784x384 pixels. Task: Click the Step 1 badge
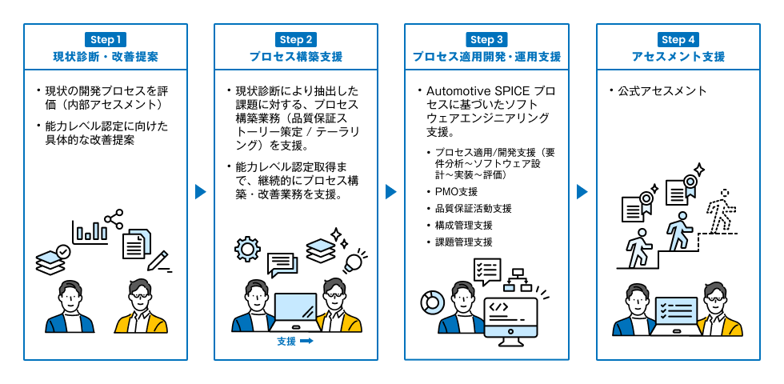point(106,39)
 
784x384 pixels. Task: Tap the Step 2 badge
point(296,39)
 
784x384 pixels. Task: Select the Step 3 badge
point(486,39)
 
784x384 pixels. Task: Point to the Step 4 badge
point(678,39)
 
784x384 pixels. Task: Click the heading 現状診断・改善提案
point(106,58)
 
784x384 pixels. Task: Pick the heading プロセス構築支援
point(296,58)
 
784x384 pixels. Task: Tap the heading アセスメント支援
point(678,58)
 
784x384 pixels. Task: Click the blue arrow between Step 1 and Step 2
point(201,192)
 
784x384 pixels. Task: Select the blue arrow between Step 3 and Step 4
point(582,192)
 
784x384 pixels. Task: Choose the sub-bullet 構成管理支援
point(463,225)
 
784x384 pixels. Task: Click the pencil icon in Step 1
point(158,261)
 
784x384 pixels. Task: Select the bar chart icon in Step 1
point(90,231)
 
